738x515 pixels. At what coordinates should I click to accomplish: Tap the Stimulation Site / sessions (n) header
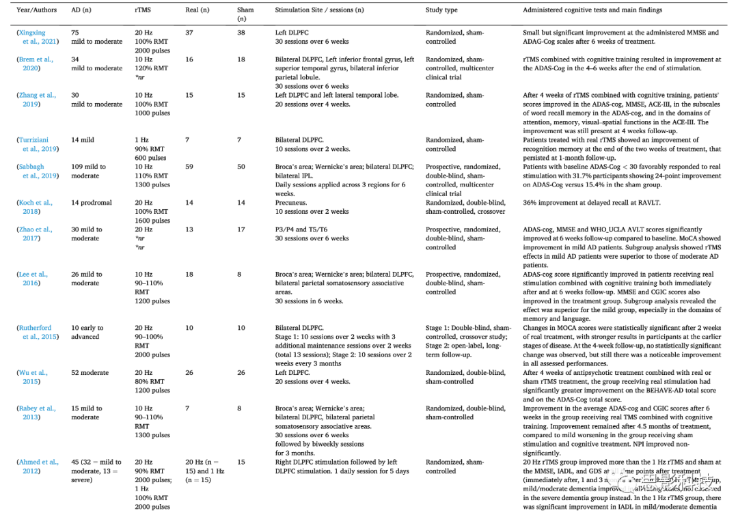(320, 11)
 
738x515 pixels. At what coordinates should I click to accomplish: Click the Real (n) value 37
(189, 33)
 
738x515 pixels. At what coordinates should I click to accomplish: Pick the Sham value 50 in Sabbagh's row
(241, 167)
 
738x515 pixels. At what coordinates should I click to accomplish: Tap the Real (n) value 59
(189, 167)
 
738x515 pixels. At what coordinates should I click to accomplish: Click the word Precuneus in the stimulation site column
(291, 203)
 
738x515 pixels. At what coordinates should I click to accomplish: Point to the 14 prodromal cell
(92, 203)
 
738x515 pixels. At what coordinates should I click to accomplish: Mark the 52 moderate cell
(90, 373)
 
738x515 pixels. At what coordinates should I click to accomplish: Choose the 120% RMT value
(150, 68)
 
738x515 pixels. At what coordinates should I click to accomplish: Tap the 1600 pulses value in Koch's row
(152, 221)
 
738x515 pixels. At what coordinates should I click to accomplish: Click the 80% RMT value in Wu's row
(150, 382)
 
